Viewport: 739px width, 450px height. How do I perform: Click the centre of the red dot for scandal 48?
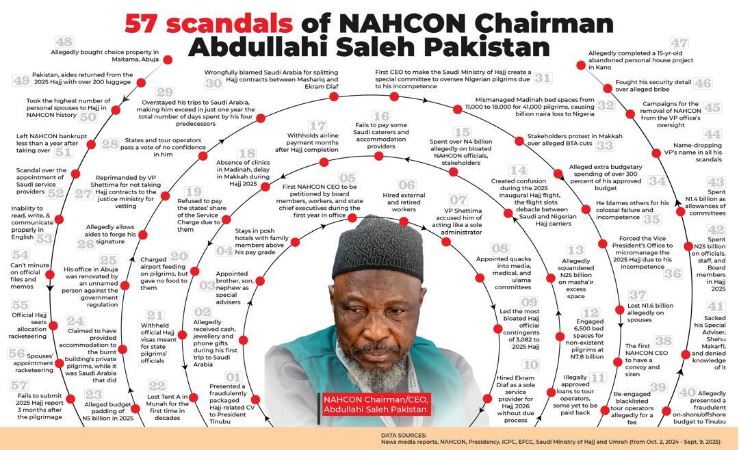point(168,60)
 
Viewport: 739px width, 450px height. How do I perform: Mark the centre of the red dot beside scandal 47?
point(581,66)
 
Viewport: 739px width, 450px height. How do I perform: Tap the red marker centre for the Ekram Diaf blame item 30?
point(334,96)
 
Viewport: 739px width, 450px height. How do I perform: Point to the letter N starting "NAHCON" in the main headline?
point(350,23)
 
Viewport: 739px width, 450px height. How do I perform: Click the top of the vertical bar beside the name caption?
point(319,393)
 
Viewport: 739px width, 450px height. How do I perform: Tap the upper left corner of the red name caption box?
point(322,394)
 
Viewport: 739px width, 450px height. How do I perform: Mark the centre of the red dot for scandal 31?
point(395,96)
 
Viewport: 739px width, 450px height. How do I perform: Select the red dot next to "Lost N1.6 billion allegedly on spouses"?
point(620,310)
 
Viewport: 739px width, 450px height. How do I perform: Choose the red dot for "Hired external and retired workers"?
point(404,222)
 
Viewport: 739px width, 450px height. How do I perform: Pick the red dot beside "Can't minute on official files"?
point(50,274)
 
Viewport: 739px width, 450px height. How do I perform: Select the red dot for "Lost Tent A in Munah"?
point(135,408)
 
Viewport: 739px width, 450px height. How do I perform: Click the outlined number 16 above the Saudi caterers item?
point(381,116)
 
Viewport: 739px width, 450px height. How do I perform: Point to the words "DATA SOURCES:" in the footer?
point(404,436)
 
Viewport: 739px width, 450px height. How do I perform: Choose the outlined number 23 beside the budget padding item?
point(94,395)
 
